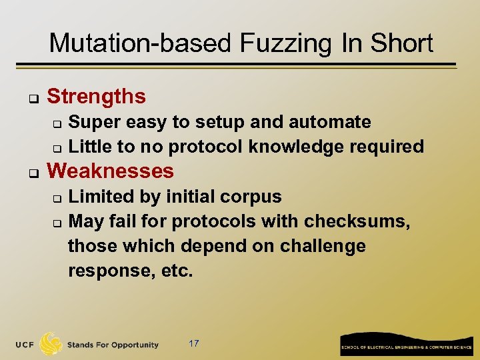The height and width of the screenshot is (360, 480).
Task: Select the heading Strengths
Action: pos(96,97)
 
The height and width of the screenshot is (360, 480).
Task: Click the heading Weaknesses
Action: pos(111,171)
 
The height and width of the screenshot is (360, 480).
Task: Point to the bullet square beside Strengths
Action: pos(31,99)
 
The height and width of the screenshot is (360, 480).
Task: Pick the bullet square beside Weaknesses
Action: pos(31,173)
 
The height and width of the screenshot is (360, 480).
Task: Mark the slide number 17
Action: pos(194,343)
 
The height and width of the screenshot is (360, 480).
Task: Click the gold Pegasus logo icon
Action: pos(51,344)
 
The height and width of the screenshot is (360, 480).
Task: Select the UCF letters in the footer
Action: pos(25,345)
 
